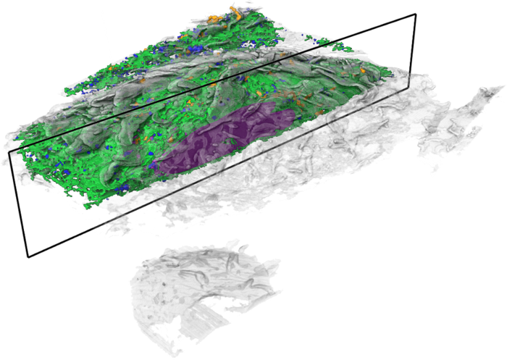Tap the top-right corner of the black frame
pyautogui.click(x=415, y=14)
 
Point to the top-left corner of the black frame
pyautogui.click(x=9, y=151)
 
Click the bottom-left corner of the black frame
pyautogui.click(x=28, y=256)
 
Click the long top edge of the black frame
pyautogui.click(x=210, y=83)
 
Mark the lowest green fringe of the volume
pyautogui.click(x=94, y=204)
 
